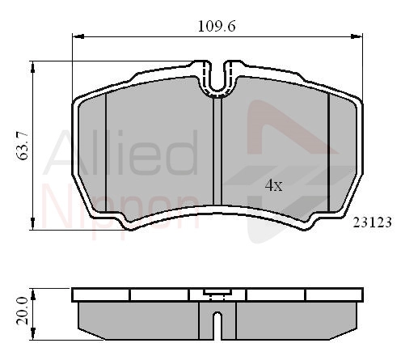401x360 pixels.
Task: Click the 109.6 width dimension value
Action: click(217, 27)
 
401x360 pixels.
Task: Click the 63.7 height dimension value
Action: click(23, 146)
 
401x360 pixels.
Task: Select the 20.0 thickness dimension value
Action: click(23, 311)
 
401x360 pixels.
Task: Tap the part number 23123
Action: click(372, 222)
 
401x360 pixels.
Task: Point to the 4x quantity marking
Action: click(273, 185)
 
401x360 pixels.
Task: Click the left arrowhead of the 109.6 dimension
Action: click(78, 36)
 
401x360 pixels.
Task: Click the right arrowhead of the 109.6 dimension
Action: click(357, 36)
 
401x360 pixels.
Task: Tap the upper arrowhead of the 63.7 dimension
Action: click(32, 67)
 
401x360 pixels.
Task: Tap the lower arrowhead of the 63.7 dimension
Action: click(32, 224)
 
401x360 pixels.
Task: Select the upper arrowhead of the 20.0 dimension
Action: click(33, 294)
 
